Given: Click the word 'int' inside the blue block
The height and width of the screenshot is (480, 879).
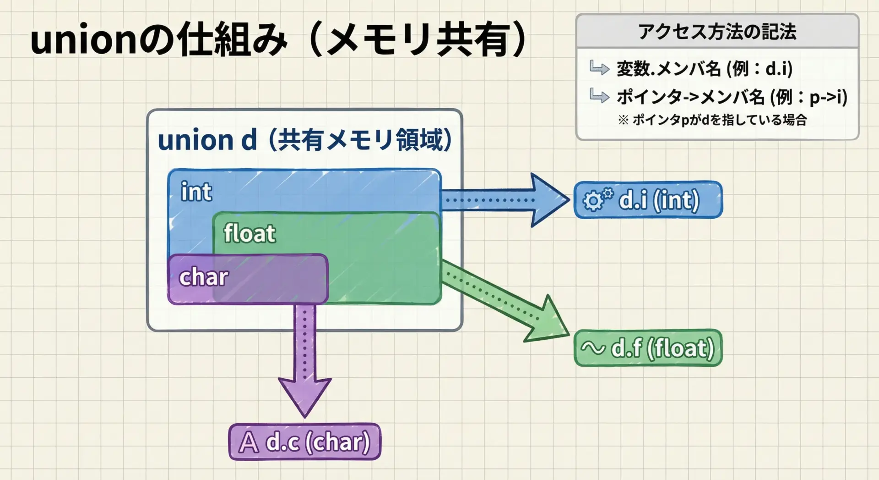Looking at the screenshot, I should click(x=196, y=192).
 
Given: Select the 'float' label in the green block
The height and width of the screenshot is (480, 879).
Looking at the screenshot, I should click(x=250, y=233).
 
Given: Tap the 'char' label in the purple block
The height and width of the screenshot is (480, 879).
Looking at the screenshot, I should click(x=203, y=277).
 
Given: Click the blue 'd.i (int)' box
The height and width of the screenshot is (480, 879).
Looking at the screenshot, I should click(x=648, y=200).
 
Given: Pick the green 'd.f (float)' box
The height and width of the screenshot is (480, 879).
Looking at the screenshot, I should click(x=648, y=348).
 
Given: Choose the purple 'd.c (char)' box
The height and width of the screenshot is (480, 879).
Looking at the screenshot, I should click(x=305, y=442).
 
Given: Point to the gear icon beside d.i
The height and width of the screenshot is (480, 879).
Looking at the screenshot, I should click(x=597, y=199).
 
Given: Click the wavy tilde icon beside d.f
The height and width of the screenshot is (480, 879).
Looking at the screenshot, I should click(x=593, y=348).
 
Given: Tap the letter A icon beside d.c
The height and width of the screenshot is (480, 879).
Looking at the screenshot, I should click(x=249, y=442).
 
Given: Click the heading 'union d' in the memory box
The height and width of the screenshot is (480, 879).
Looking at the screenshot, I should click(x=207, y=140).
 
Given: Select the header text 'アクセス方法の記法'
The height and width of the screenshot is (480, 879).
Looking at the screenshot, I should click(x=717, y=32).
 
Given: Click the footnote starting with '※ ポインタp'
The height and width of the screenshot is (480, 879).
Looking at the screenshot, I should click(x=712, y=120).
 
